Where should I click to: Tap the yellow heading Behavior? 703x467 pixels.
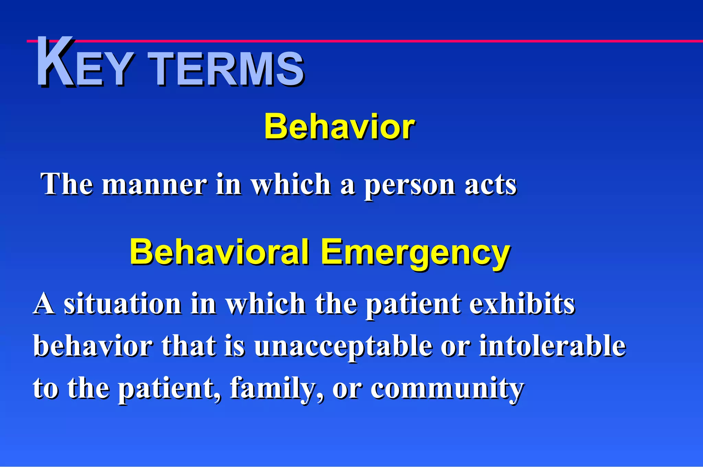[x=339, y=127]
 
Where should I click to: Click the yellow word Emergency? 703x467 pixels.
[x=415, y=253]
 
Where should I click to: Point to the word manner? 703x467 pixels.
[x=154, y=184]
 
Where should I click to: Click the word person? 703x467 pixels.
[x=409, y=185]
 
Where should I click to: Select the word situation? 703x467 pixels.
[x=123, y=304]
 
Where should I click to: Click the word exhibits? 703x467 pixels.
[x=522, y=304]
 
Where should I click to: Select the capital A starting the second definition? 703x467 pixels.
[x=44, y=304]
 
